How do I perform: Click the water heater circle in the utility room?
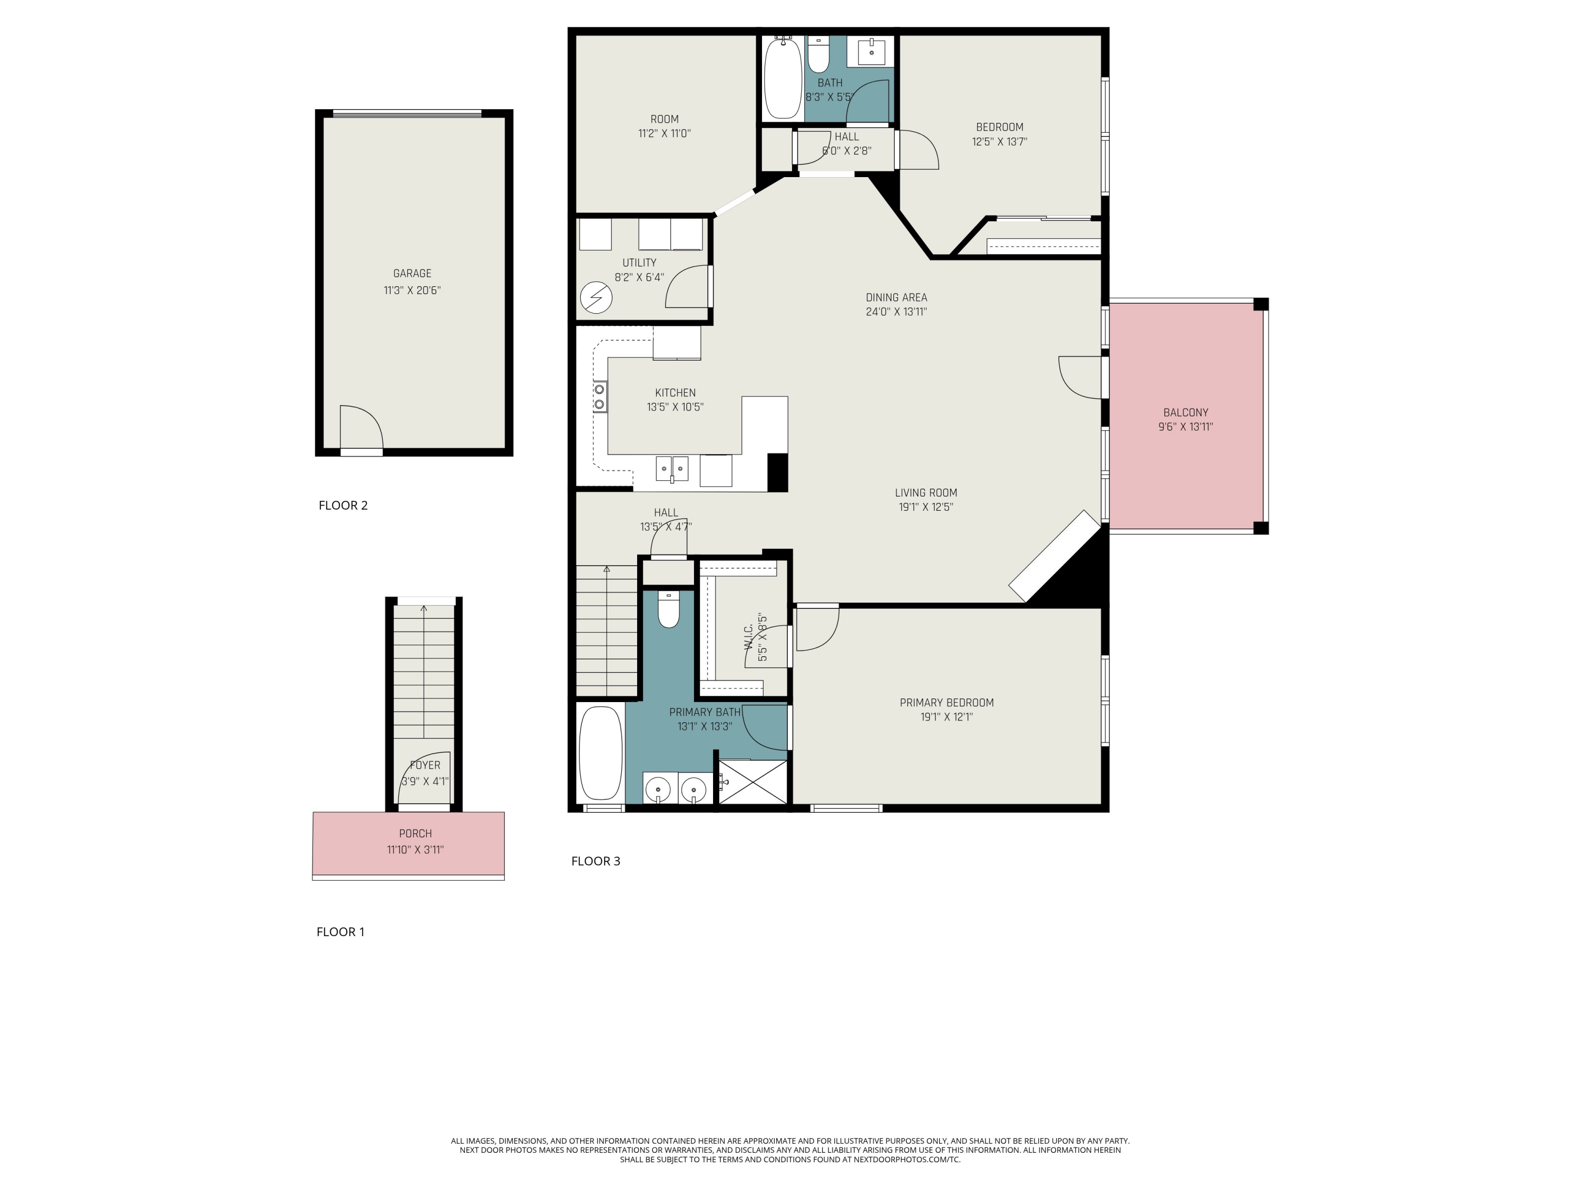pyautogui.click(x=596, y=298)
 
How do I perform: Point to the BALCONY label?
pyautogui.click(x=1185, y=413)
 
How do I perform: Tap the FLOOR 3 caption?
pyautogui.click(x=596, y=861)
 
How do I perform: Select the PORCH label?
pyautogui.click(x=415, y=833)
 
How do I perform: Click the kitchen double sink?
pyautogui.click(x=672, y=469)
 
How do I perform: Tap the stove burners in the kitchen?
pyautogui.click(x=600, y=397)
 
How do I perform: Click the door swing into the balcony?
pyautogui.click(x=1079, y=377)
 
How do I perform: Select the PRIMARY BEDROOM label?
pyautogui.click(x=946, y=703)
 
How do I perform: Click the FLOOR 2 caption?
pyautogui.click(x=343, y=505)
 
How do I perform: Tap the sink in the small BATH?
pyautogui.click(x=871, y=52)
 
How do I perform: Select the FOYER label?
pyautogui.click(x=425, y=765)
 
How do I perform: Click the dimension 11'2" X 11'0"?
pyautogui.click(x=664, y=134)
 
